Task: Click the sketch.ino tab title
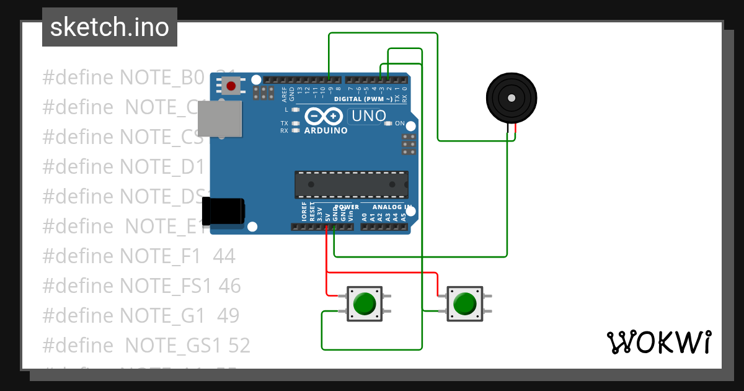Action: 109,27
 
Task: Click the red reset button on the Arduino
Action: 231,86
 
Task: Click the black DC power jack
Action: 224,210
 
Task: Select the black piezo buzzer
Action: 511,98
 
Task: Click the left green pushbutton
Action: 364,303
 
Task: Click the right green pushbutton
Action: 464,304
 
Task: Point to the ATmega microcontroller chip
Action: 351,185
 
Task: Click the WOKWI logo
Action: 658,342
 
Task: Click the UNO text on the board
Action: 368,115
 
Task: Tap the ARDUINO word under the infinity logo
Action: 325,130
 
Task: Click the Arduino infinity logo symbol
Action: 323,116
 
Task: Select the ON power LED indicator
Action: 389,124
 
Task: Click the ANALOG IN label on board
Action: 391,207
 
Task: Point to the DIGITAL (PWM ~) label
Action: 363,99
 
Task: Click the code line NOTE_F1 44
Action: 139,255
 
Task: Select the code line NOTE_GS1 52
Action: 146,344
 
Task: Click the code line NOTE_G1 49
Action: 141,315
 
